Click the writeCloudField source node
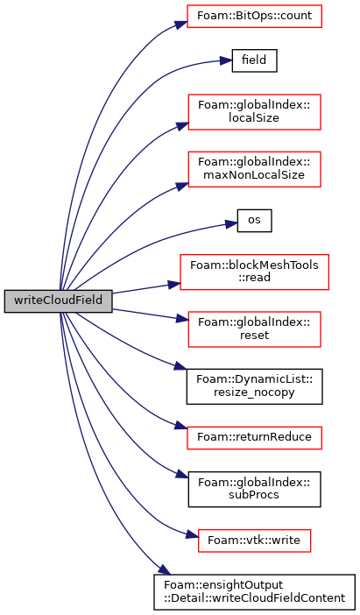59,301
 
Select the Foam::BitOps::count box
255,16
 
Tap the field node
255,60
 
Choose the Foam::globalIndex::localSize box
255,112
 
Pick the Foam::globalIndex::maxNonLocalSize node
255,169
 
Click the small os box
255,221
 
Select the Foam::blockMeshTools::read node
255,272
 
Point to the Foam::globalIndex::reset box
255,329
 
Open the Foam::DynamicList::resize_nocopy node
255,386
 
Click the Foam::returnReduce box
255,438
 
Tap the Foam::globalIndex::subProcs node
255,489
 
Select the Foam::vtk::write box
255,541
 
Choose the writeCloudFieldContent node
255,592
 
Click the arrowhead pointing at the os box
231,224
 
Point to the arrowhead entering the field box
226,60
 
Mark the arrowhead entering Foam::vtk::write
192,535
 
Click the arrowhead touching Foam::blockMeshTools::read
174,284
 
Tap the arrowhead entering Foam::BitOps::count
181,25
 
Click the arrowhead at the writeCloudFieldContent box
166,569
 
